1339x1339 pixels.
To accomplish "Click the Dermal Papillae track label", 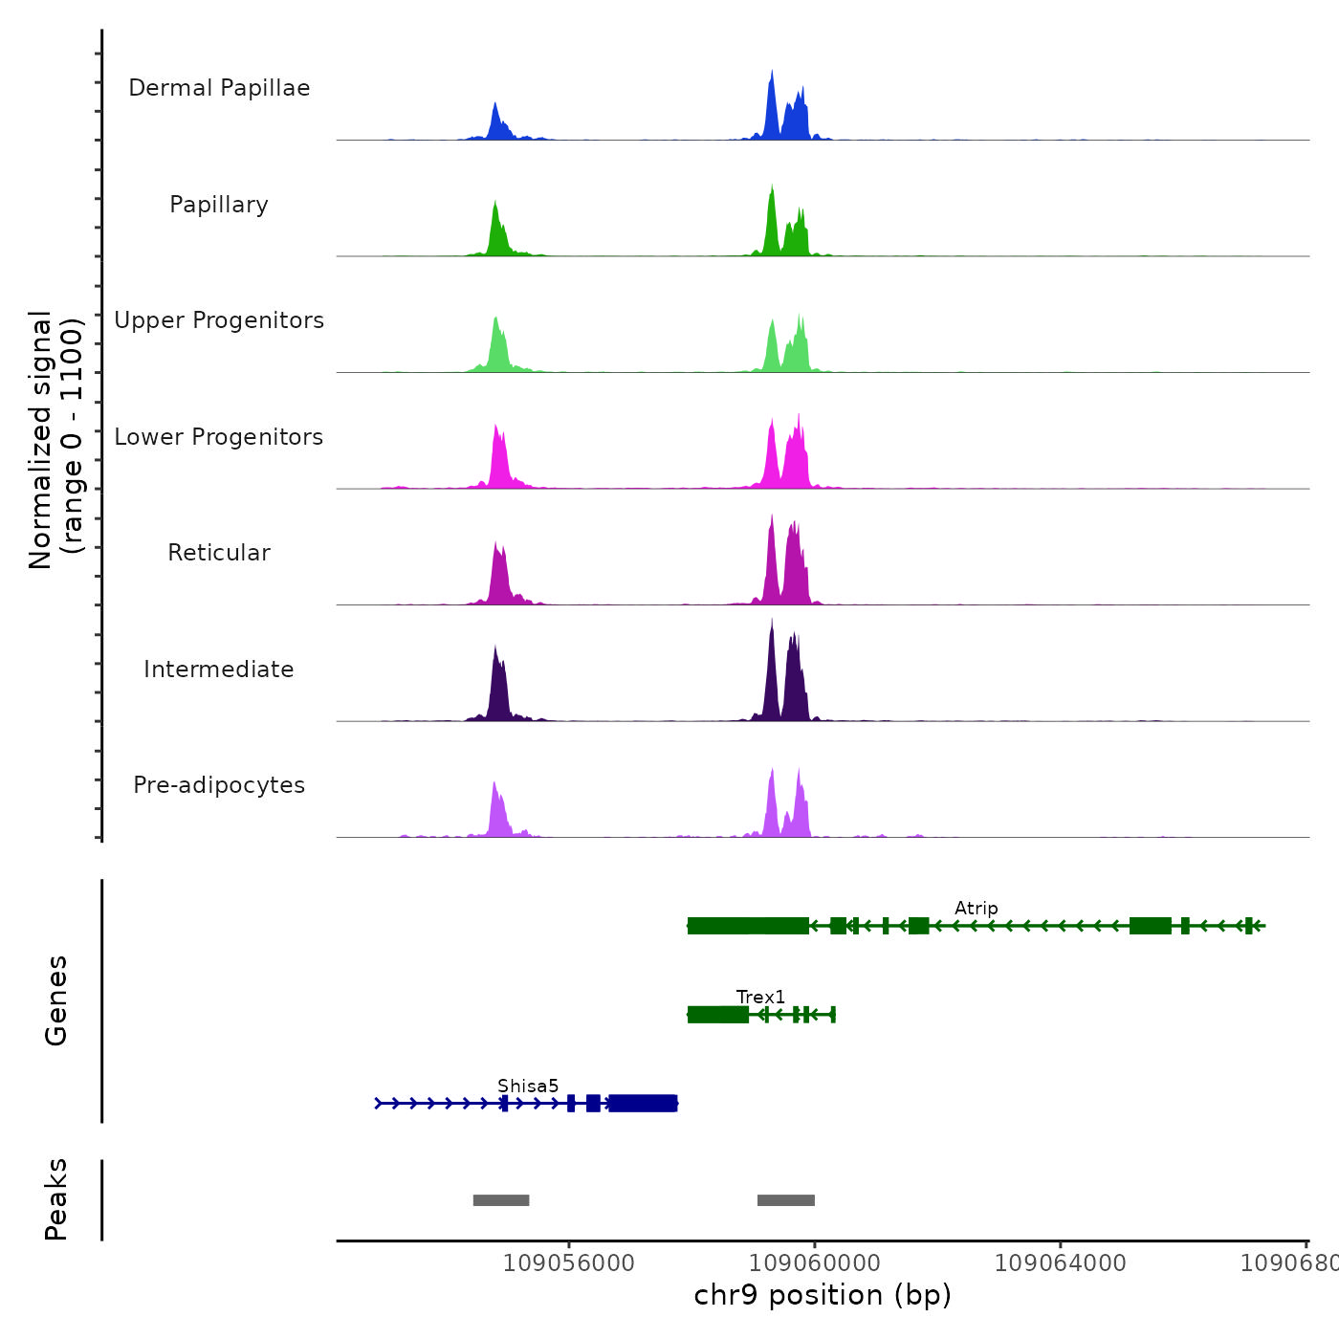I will [x=219, y=88].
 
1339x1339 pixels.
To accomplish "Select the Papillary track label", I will [x=219, y=205].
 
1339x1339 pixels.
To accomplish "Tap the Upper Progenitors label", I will [x=219, y=320].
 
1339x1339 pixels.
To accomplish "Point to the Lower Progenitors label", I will [x=219, y=437].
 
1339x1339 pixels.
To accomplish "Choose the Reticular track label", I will [x=219, y=553].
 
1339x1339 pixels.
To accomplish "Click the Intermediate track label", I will [x=219, y=669].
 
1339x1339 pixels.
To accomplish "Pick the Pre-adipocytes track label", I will [x=219, y=785].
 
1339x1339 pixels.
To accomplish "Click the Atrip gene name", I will [x=976, y=909].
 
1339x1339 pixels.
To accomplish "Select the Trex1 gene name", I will [x=760, y=998].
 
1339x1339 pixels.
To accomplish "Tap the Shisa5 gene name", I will [x=528, y=1087].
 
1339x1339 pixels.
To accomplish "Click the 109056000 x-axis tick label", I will [x=568, y=1263].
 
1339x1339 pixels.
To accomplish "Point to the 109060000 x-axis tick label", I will [x=814, y=1263].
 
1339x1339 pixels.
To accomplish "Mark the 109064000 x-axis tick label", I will [x=1060, y=1263].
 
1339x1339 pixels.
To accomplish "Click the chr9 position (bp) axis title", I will [x=823, y=1295].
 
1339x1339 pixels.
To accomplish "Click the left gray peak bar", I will [x=501, y=1200].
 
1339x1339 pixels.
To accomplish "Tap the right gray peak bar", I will [x=786, y=1200].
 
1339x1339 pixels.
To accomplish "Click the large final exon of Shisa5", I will [x=643, y=1104].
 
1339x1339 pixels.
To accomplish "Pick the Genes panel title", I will [x=56, y=1000].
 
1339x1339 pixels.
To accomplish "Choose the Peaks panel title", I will [x=56, y=1199].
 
